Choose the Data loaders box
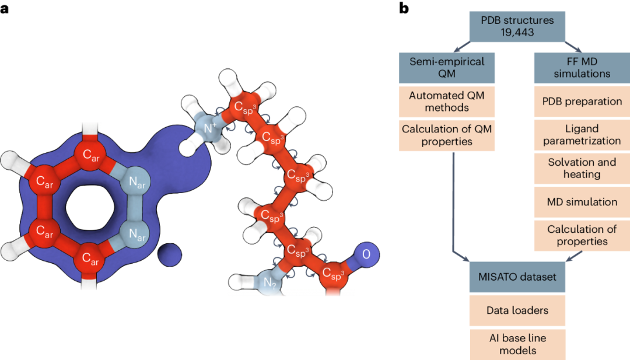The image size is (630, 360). [x=517, y=310]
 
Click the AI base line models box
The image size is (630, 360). [x=517, y=344]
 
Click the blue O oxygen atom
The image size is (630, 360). [x=366, y=255]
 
